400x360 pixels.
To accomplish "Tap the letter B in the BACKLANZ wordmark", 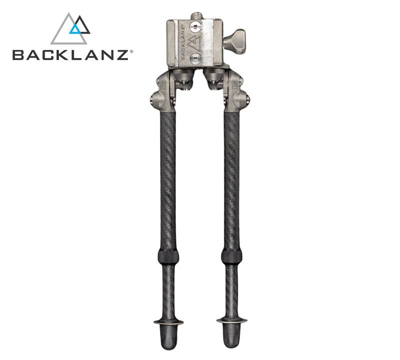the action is pyautogui.click(x=18, y=55).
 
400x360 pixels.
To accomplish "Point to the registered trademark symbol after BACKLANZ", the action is pyautogui.click(x=131, y=51).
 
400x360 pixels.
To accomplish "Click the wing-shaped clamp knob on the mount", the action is pyautogui.click(x=234, y=41).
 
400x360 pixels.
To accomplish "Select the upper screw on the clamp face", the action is pyautogui.click(x=195, y=26).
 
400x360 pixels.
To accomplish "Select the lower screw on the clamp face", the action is pyautogui.click(x=195, y=59).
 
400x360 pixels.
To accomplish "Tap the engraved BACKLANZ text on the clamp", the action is pyautogui.click(x=183, y=42).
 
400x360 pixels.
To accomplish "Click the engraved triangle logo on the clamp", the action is pyautogui.click(x=193, y=42).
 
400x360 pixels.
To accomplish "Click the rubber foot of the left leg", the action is pyautogui.click(x=168, y=336).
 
